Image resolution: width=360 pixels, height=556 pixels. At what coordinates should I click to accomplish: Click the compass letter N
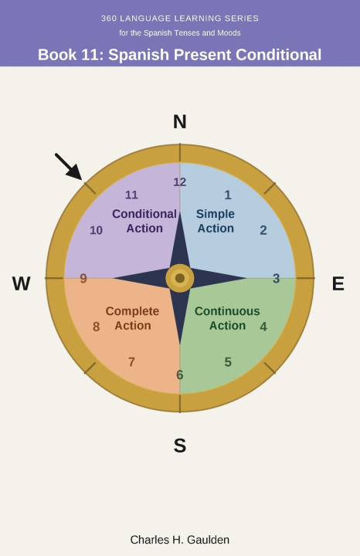click(x=180, y=122)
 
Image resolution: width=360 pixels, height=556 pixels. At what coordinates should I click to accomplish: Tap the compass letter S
click(x=180, y=446)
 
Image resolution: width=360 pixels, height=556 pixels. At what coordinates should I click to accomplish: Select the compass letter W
click(x=22, y=283)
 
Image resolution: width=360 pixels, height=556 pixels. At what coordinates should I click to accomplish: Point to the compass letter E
click(x=338, y=283)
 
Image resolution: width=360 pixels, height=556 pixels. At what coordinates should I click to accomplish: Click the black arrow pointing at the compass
click(x=69, y=167)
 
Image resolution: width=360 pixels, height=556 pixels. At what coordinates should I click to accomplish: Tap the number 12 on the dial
click(x=180, y=182)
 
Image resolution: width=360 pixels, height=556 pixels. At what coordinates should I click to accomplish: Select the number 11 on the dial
click(x=131, y=195)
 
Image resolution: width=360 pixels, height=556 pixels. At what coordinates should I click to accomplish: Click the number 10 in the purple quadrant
click(x=96, y=230)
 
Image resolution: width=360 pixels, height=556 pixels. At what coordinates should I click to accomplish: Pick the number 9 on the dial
click(x=83, y=278)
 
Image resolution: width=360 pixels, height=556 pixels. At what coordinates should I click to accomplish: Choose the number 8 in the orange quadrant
click(x=96, y=327)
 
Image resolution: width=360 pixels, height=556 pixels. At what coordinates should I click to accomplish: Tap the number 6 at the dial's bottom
click(x=180, y=375)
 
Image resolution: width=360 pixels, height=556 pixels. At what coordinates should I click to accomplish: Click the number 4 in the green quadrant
click(x=263, y=327)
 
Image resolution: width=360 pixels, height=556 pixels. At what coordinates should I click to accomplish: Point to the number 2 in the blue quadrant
click(x=263, y=230)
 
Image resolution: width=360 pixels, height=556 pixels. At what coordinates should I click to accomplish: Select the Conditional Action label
click(x=144, y=221)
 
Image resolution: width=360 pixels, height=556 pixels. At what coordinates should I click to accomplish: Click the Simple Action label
click(x=216, y=221)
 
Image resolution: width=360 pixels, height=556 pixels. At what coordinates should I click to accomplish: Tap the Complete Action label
click(x=132, y=318)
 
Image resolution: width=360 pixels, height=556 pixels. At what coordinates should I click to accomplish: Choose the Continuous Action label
click(x=227, y=318)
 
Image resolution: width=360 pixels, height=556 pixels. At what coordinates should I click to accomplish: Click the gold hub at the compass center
click(x=180, y=278)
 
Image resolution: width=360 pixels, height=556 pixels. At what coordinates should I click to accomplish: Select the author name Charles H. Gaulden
click(x=180, y=540)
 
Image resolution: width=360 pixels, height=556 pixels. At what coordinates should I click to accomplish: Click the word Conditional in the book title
click(x=278, y=55)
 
